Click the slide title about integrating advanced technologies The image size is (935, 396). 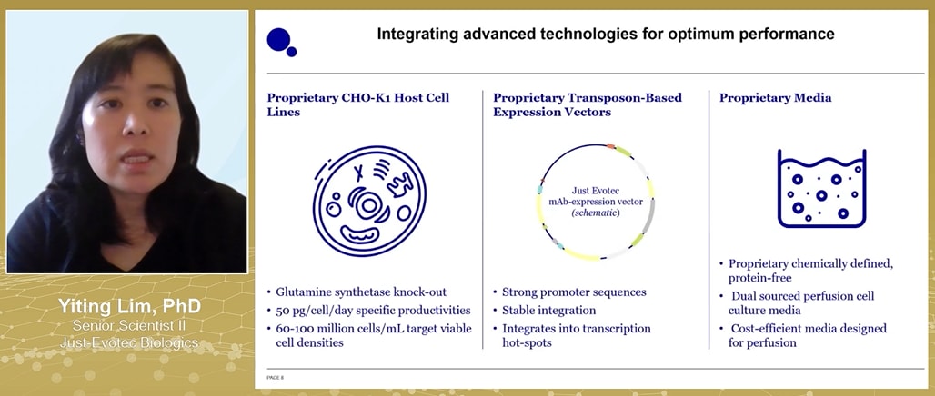[606, 35]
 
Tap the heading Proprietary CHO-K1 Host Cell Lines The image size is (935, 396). [357, 104]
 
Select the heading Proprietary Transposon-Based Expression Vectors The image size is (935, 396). [587, 104]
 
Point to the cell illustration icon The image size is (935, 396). [368, 202]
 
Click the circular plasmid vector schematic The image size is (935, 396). [596, 202]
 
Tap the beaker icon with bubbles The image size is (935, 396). [821, 188]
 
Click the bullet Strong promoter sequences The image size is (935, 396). [574, 292]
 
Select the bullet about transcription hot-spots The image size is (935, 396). [577, 335]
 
